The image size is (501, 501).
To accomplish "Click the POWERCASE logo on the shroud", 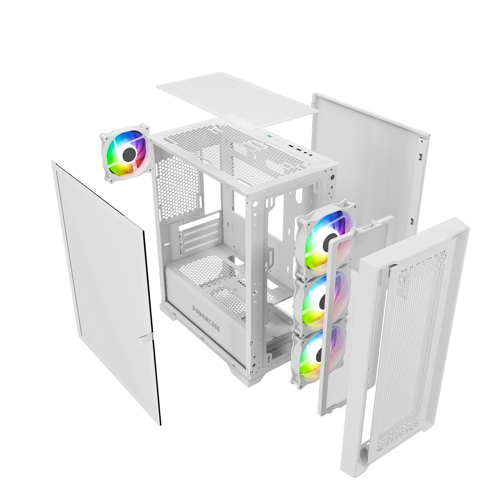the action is point(206,319).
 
